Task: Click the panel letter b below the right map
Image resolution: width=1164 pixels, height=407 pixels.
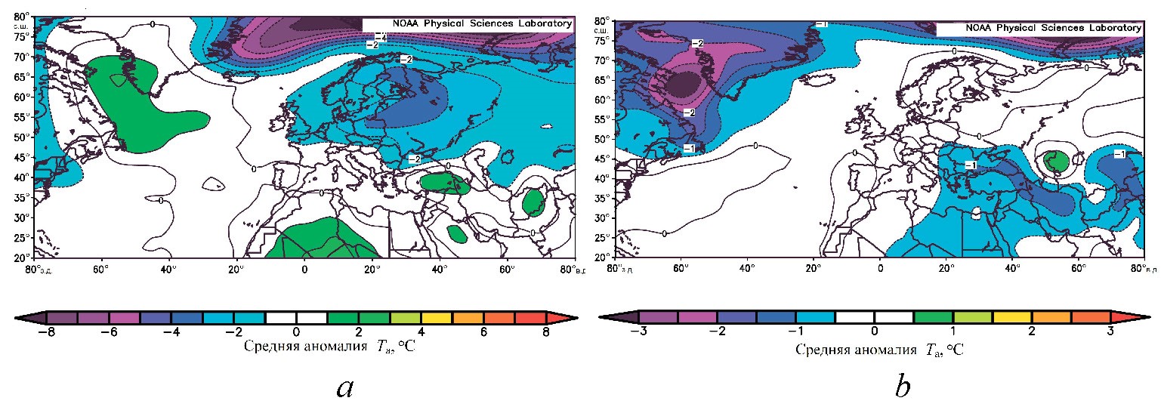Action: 902,387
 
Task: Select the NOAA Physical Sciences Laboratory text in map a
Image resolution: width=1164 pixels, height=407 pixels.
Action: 466,23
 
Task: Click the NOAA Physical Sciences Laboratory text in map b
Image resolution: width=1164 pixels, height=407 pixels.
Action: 1039,28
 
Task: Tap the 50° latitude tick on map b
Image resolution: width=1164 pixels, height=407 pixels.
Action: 603,139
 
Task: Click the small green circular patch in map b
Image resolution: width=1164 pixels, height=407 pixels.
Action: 1055,161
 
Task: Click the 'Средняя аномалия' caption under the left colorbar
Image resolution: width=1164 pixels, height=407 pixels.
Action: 295,347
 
